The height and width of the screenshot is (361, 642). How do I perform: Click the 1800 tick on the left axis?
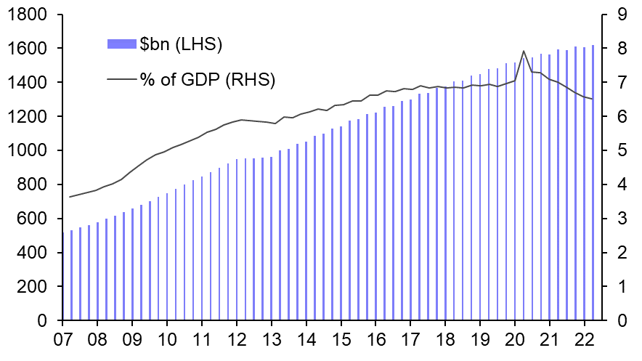pos(28,15)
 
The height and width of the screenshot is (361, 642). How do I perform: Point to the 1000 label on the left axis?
pos(28,150)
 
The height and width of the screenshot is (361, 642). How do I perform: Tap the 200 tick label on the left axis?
pos(33,287)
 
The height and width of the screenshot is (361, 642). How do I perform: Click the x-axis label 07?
pos(62,340)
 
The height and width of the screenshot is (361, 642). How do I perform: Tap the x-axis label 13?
pos(272,340)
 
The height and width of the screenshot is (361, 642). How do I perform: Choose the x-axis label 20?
pos(515,340)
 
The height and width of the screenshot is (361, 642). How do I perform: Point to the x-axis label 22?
pos(585,340)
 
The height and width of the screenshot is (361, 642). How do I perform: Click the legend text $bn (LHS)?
pos(181,44)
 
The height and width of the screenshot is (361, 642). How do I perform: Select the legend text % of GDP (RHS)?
pos(208,79)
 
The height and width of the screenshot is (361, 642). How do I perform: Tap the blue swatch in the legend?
pos(121,44)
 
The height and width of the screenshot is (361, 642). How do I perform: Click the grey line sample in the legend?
pos(121,79)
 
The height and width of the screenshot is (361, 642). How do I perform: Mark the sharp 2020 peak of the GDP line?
pos(524,51)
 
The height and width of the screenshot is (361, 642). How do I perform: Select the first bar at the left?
pos(72,275)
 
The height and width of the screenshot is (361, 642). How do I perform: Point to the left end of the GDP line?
pos(70,197)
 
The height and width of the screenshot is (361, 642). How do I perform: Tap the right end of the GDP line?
pos(593,99)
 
